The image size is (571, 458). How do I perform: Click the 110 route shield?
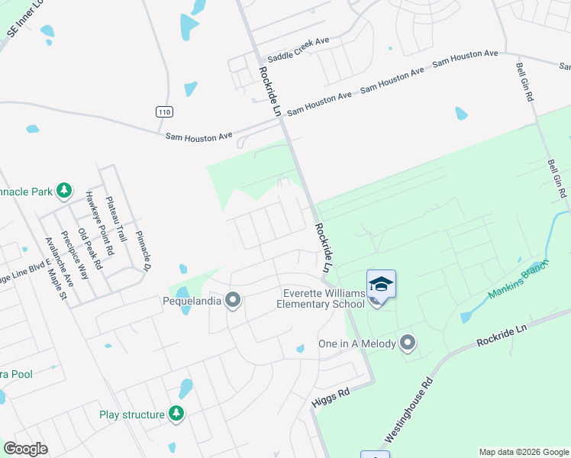pos(164,111)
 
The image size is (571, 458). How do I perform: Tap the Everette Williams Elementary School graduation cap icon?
pos(381,285)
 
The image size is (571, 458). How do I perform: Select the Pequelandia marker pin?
pos(234,300)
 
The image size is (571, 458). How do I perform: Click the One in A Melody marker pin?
pos(408,343)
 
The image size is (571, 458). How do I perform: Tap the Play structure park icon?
pos(177,414)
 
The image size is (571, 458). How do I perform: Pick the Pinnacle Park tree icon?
pos(66,189)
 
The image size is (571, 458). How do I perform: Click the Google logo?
pos(25,449)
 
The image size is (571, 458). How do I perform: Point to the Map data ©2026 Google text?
pos(523,452)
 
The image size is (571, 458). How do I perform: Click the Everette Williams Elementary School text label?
pos(323,298)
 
